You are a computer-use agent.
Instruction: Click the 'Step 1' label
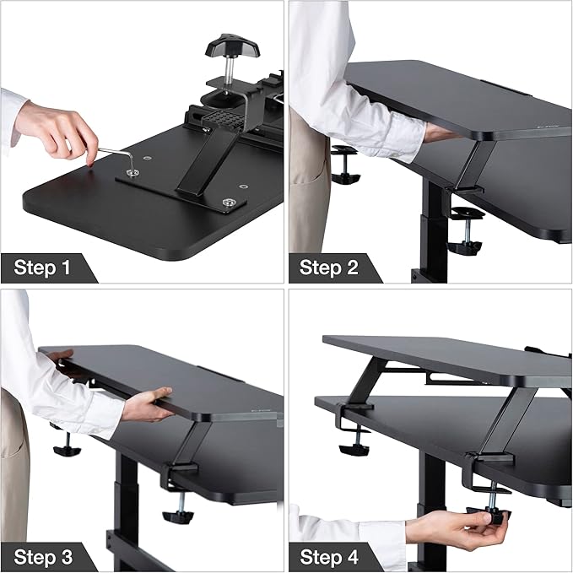pyautogui.click(x=42, y=268)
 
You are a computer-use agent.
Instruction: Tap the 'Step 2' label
pyautogui.click(x=329, y=268)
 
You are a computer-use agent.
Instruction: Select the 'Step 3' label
pyautogui.click(x=42, y=557)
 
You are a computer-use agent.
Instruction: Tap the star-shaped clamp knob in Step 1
pyautogui.click(x=226, y=46)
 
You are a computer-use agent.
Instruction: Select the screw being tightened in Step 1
pyautogui.click(x=132, y=173)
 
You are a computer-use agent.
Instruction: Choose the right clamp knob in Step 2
pyautogui.click(x=463, y=246)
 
